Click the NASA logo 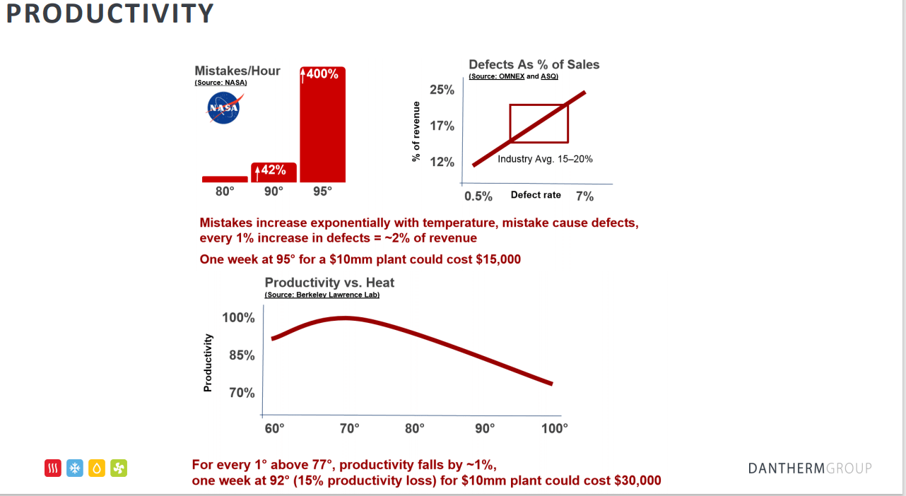[223, 109]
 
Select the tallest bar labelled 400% [323, 127]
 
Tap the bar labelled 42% [273, 172]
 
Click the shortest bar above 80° [224, 179]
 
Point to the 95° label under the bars [322, 191]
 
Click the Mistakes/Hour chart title [237, 71]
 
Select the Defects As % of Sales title [534, 64]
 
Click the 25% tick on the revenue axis [442, 90]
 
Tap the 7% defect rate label [584, 196]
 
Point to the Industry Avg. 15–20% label [545, 159]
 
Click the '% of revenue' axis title [416, 131]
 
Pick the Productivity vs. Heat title [329, 283]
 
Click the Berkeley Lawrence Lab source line [322, 295]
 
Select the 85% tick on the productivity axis [242, 355]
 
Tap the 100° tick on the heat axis [555, 428]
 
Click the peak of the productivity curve [345, 318]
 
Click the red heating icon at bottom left [53, 468]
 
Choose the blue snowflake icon [75, 468]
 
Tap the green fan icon [119, 468]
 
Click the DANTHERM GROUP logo [809, 468]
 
